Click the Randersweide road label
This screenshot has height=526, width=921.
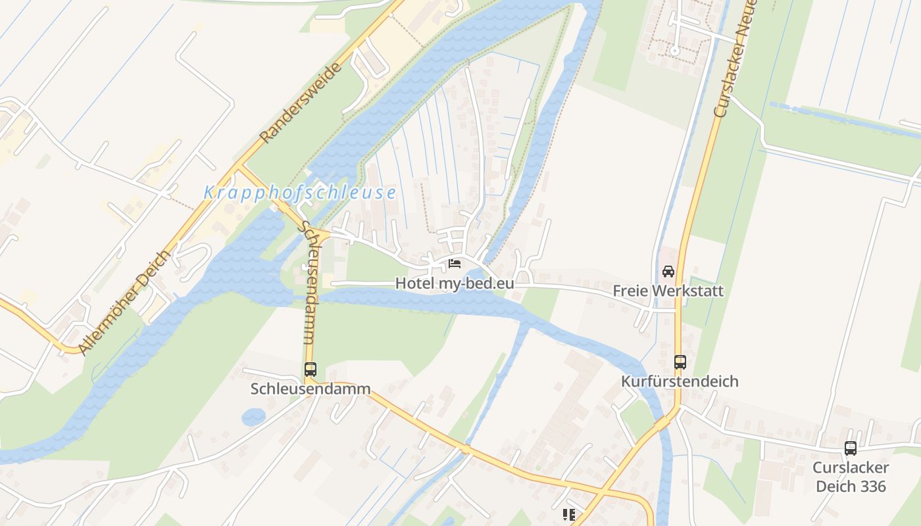pos(301,103)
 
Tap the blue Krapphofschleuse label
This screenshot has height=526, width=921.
pos(300,193)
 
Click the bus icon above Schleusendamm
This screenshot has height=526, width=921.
pos(311,370)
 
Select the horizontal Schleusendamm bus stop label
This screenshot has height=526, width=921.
pos(311,389)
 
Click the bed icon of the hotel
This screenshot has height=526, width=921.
pos(454,264)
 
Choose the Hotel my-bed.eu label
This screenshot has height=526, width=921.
pos(454,283)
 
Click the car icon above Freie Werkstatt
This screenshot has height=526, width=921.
pos(668,271)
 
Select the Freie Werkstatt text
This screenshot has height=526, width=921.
pos(668,291)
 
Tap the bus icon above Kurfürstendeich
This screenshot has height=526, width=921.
pos(680,362)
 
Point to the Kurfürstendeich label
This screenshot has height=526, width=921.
pos(680,381)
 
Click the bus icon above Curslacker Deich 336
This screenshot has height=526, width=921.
pos(851,448)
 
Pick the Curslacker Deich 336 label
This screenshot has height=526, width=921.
pos(851,477)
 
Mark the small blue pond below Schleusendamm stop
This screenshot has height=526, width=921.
pos(253,417)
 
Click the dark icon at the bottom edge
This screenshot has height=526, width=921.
pos(569,515)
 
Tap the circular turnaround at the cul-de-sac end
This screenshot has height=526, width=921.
pos(674,51)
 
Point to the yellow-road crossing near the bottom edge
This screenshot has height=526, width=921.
pos(602,491)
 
